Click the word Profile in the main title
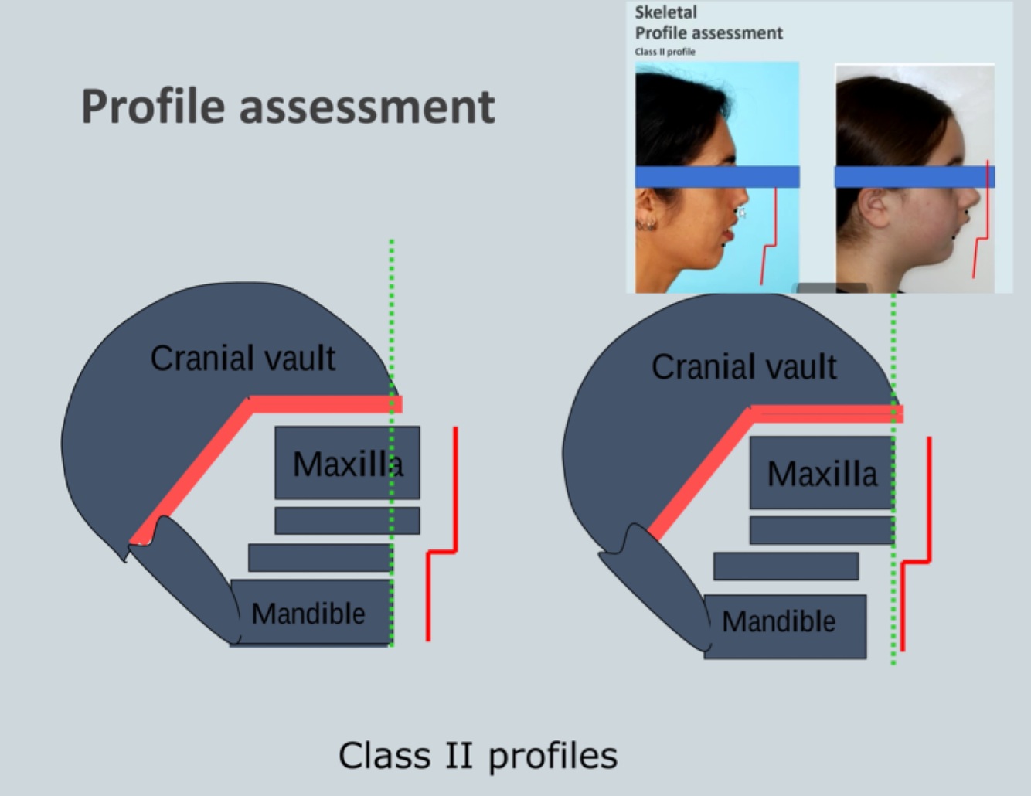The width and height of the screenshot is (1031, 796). (152, 107)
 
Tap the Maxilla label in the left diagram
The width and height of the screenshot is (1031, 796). (347, 464)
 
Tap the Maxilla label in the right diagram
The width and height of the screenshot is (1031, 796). (822, 474)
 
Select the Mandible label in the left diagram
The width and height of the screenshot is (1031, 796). (308, 614)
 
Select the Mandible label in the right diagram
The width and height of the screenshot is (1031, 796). (779, 621)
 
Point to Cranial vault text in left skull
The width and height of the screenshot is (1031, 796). (243, 359)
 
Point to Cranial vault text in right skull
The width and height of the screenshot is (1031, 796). (743, 367)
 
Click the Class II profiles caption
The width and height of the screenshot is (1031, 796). (478, 755)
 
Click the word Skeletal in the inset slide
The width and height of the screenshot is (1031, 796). (665, 12)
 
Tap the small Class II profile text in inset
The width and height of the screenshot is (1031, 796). (665, 52)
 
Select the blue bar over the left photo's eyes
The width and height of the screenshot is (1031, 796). (716, 177)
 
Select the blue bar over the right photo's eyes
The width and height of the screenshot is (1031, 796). (914, 177)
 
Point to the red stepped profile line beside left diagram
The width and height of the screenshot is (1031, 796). (455, 495)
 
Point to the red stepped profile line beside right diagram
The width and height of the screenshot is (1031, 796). (928, 502)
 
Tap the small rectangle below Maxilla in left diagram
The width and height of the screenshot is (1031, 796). (347, 521)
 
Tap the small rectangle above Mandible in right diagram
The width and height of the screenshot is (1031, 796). (785, 566)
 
